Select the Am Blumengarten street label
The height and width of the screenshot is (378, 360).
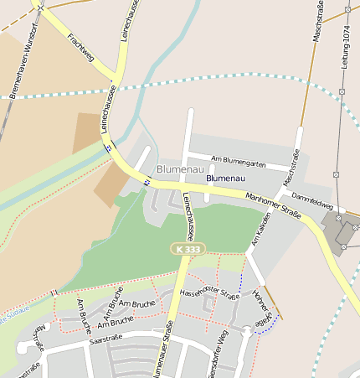(239, 160)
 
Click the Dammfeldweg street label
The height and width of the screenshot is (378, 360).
(313, 202)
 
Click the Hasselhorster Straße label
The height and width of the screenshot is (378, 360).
(210, 293)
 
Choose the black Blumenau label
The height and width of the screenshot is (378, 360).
(225, 179)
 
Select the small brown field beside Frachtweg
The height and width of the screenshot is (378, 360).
(87, 132)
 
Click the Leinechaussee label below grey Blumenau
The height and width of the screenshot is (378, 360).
(190, 211)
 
